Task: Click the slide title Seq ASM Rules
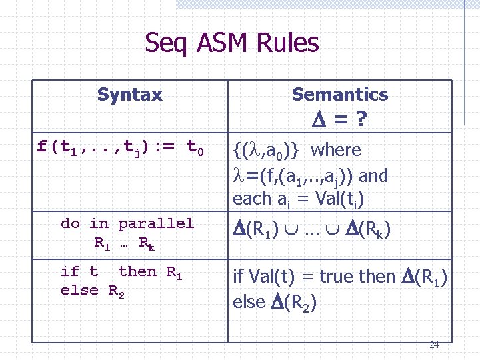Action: (x=232, y=44)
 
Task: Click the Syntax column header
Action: (x=129, y=95)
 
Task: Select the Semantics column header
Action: (x=339, y=95)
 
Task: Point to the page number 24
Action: (x=434, y=345)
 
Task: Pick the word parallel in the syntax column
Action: (x=156, y=223)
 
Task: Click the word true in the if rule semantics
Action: (x=339, y=275)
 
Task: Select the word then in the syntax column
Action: (x=137, y=271)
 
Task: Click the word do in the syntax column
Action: (x=69, y=223)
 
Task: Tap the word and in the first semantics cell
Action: (x=374, y=176)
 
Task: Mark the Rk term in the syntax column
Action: (x=147, y=243)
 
